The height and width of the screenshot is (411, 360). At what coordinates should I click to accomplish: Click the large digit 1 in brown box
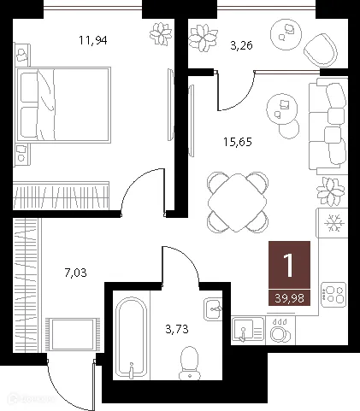point(289,265)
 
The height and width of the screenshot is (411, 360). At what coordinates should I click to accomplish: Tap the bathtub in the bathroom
point(132,335)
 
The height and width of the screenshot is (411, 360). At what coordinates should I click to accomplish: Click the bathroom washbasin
point(212,308)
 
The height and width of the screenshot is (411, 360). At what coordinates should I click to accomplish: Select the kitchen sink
point(245,330)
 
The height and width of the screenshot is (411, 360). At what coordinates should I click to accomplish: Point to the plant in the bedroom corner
point(160,35)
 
